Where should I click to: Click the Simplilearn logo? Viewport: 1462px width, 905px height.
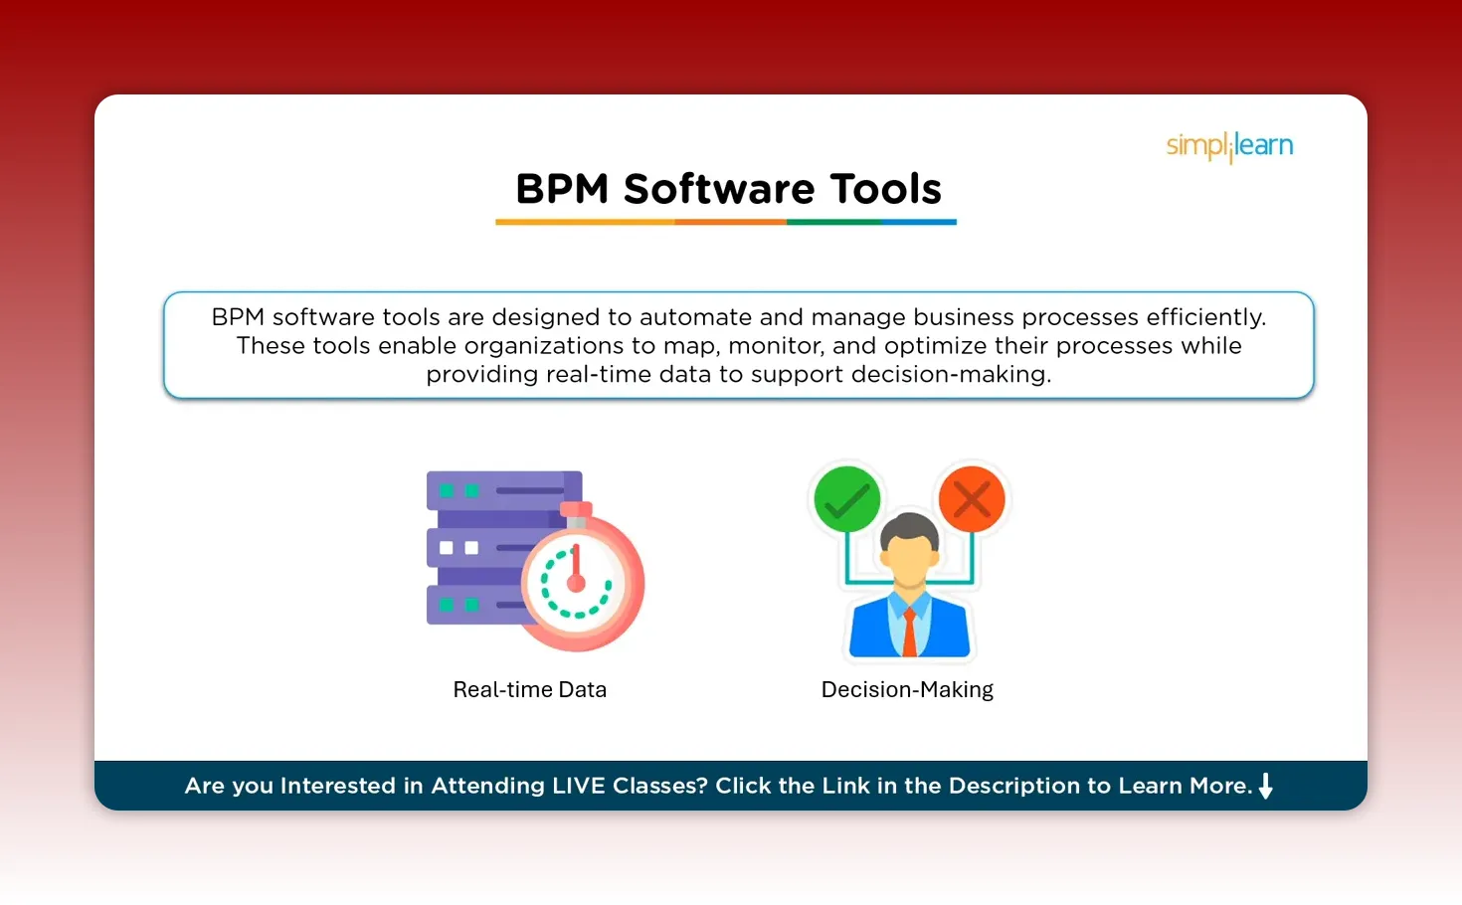(x=1229, y=146)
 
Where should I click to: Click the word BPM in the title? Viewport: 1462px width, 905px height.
(x=562, y=189)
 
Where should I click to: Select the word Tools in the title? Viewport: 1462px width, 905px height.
(x=885, y=189)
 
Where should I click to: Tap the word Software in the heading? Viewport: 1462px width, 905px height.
(x=719, y=189)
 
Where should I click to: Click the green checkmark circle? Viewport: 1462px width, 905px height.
(x=846, y=499)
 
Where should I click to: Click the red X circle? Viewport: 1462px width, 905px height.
(x=972, y=499)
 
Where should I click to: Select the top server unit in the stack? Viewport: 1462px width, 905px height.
(x=502, y=490)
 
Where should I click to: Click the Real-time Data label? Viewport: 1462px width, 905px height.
(x=529, y=689)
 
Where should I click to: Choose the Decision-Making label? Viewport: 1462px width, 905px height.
(x=907, y=689)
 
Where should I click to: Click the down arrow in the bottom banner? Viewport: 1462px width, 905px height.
(x=1266, y=786)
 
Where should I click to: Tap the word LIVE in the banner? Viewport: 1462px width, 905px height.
(x=578, y=786)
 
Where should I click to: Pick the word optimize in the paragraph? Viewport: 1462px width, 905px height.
(x=930, y=346)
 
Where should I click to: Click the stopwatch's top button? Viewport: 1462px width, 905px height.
(x=576, y=510)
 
